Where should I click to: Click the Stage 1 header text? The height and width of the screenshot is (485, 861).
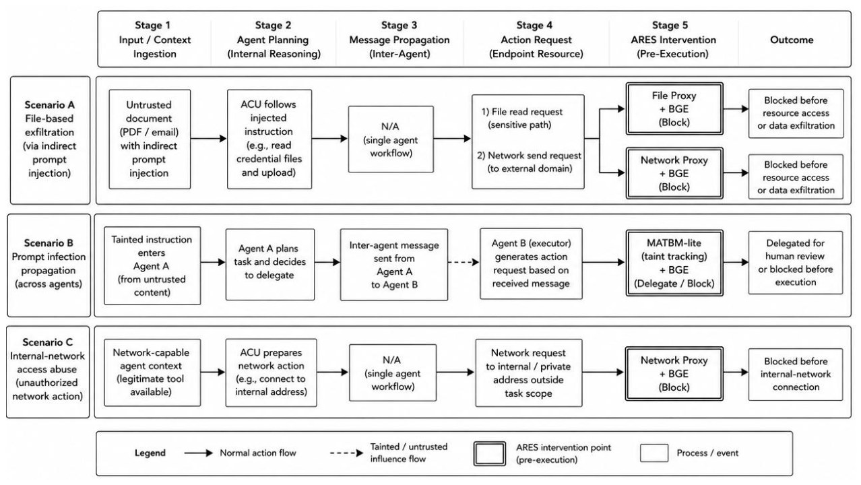coord(154,39)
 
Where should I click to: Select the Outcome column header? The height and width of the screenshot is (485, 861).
coord(792,40)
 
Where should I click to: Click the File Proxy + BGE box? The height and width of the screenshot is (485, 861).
coord(674,108)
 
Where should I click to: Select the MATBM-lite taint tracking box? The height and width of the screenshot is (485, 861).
coord(674,263)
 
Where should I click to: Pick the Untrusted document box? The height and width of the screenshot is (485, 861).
coord(150,139)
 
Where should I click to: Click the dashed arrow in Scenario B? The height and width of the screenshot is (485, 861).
coord(464,262)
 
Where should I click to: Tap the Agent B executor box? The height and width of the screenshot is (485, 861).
coord(531,263)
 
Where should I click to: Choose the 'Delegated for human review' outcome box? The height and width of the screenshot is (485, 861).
coord(795,263)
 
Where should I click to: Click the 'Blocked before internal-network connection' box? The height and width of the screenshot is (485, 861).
coord(795,374)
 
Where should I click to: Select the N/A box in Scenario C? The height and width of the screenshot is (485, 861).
coord(393,373)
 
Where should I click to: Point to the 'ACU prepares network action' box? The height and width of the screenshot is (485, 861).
coord(271,373)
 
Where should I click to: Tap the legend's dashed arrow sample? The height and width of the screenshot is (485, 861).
coord(346,453)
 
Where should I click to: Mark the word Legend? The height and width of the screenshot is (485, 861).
coord(150,453)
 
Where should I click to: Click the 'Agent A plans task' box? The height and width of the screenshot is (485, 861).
coord(270,265)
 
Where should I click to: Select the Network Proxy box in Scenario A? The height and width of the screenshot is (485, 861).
coord(674,173)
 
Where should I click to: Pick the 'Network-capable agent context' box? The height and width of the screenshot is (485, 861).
coord(152,373)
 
